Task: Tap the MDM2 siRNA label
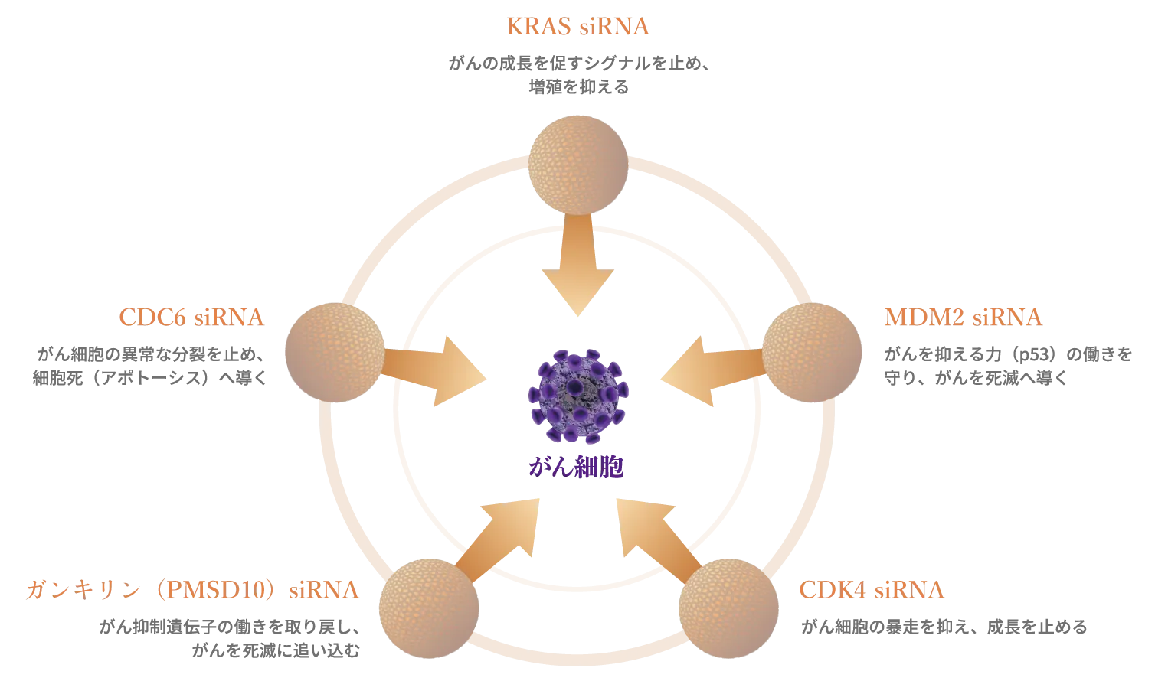(964, 318)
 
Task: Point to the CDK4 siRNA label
(871, 591)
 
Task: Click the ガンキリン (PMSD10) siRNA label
(191, 590)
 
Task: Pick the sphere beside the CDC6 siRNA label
(332, 352)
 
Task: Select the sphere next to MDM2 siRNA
(813, 352)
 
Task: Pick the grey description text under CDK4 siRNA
(943, 628)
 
